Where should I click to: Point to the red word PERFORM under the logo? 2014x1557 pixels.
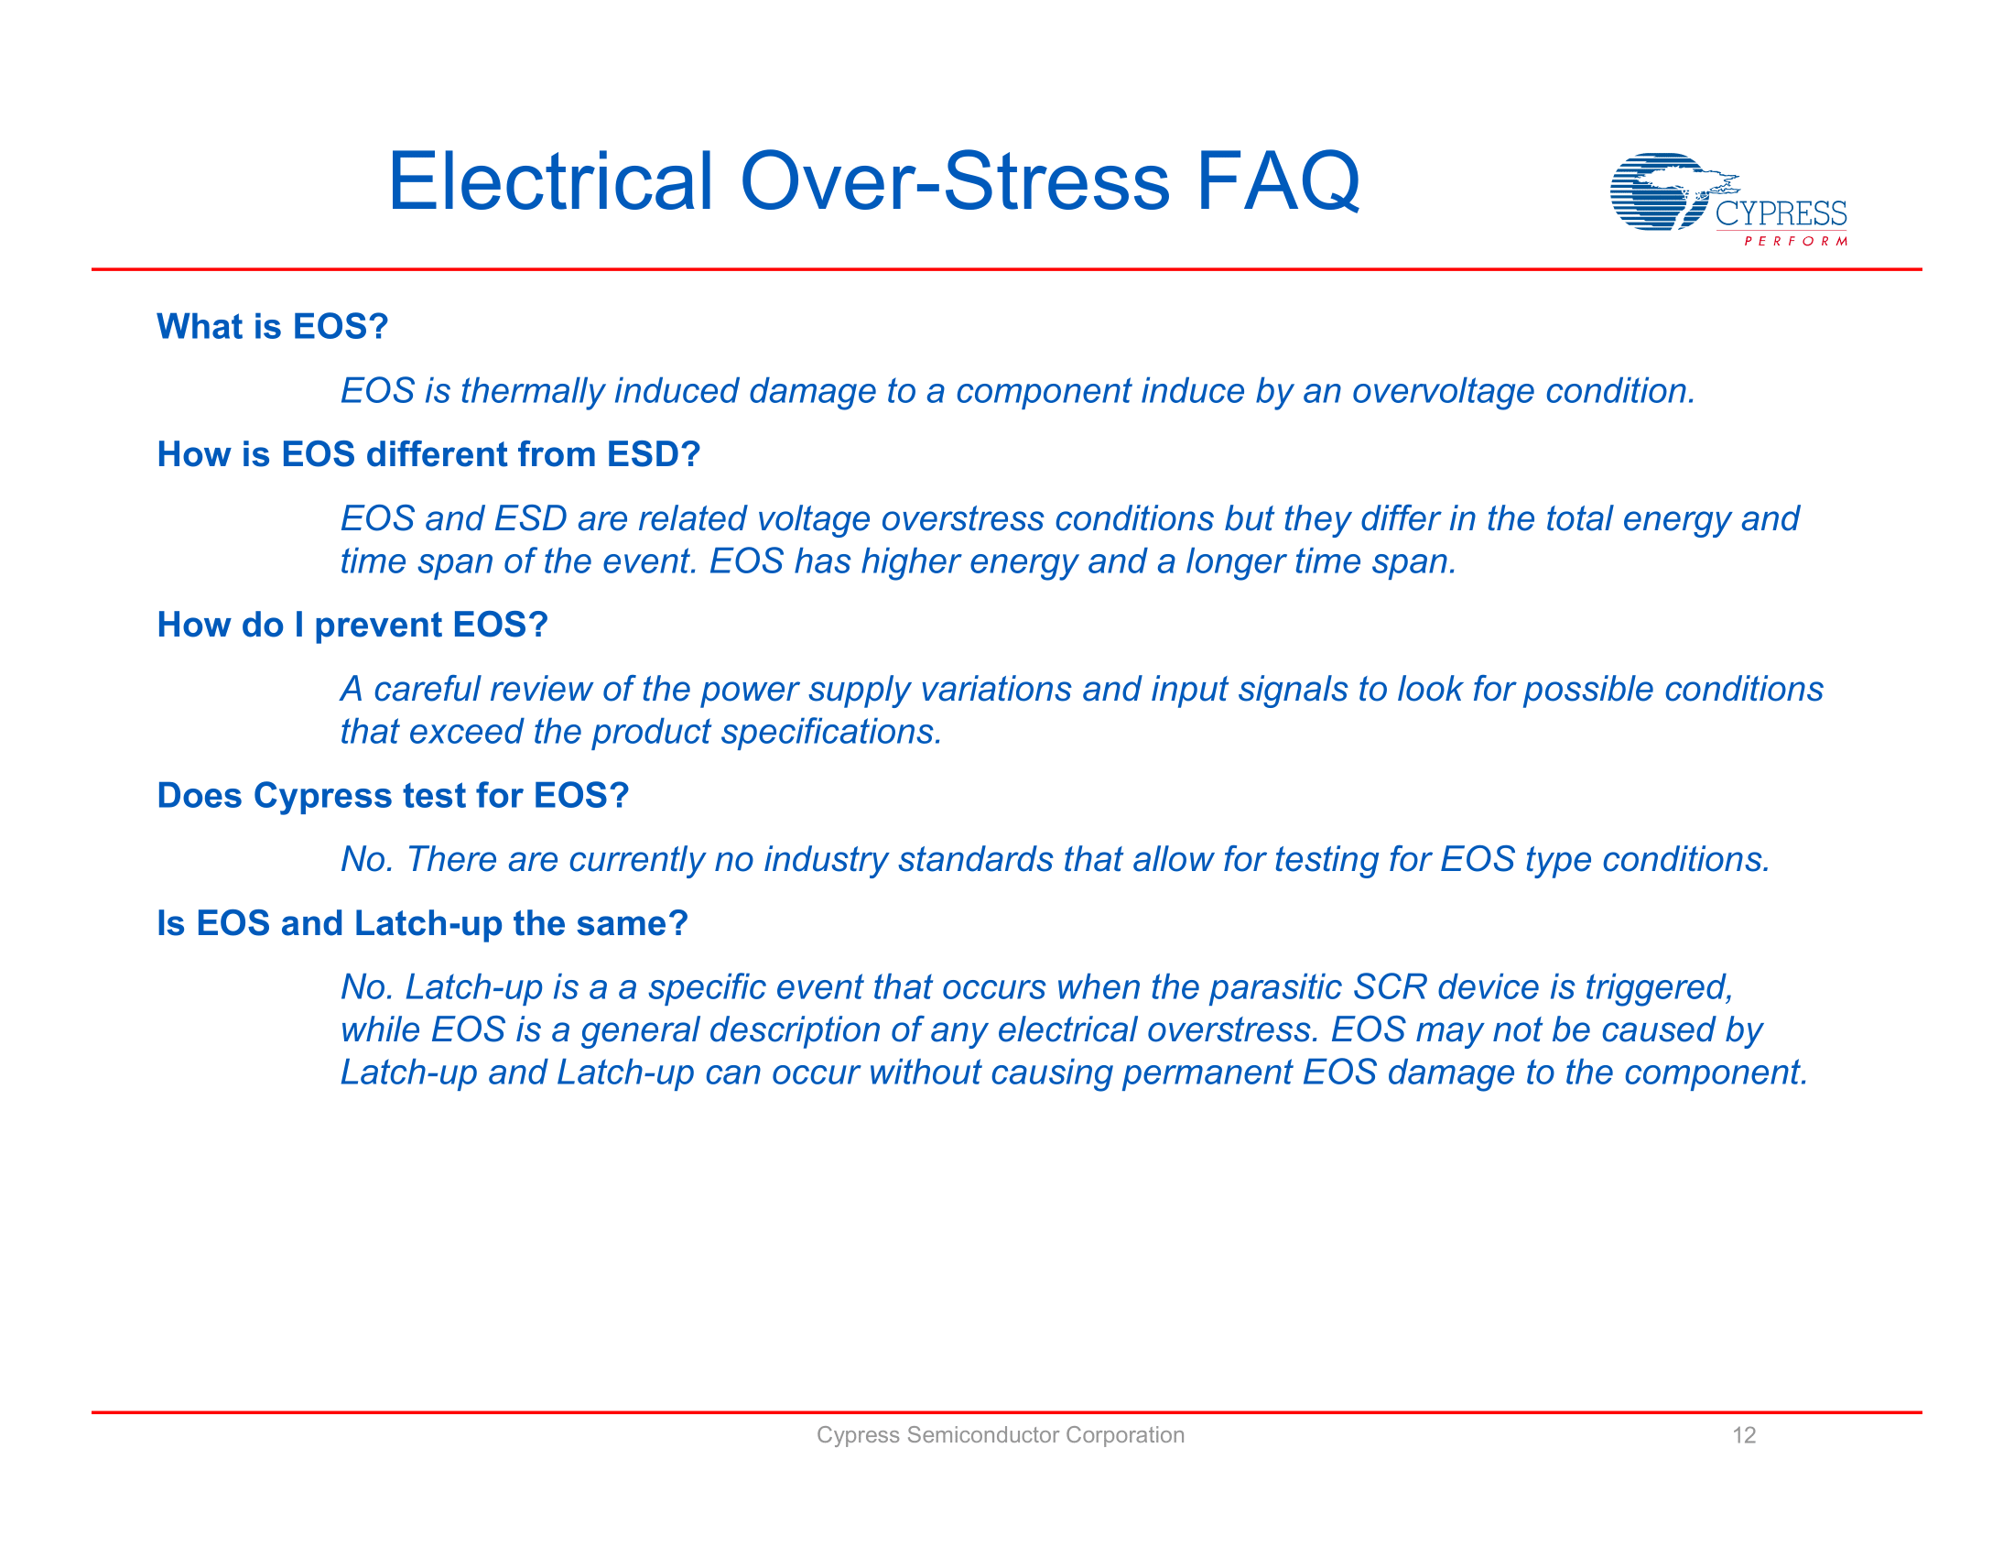coord(1794,242)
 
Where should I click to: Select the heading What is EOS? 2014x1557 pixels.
coord(272,327)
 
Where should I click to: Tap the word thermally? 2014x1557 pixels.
coord(532,391)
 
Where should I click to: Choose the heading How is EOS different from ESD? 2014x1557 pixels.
coord(428,455)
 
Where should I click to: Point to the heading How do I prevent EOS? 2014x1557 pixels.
coord(352,626)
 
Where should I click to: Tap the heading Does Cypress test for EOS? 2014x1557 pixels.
coord(392,796)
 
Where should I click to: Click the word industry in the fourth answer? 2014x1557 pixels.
coord(826,860)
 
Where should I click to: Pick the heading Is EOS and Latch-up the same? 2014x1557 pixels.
coord(422,923)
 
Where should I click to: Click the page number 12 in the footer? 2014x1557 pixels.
coord(1743,1435)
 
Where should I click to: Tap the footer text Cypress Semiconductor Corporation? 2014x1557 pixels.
coord(1000,1435)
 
